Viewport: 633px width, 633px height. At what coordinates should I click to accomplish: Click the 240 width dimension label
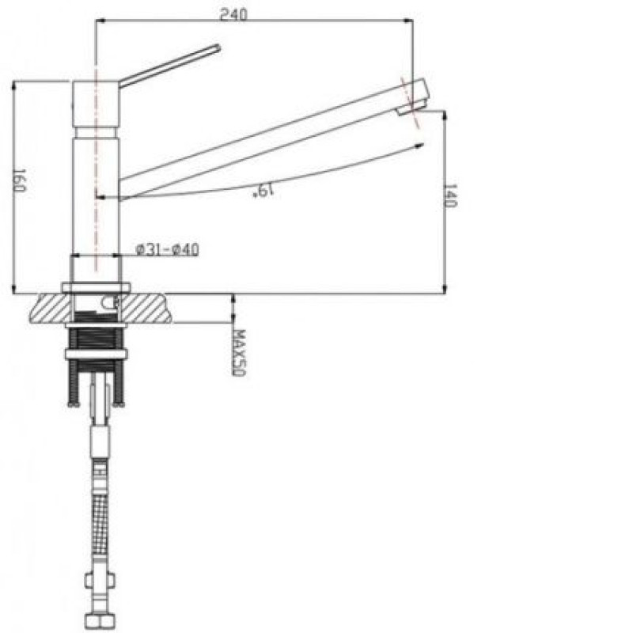click(x=233, y=14)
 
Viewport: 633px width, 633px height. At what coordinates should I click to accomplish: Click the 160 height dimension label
click(x=19, y=180)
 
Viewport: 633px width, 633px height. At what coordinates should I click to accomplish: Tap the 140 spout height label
click(x=450, y=195)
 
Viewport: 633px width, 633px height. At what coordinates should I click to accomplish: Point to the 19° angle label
click(x=263, y=190)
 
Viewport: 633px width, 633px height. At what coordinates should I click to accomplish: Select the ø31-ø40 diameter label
click(x=168, y=249)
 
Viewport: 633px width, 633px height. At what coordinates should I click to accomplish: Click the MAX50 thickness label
click(x=239, y=353)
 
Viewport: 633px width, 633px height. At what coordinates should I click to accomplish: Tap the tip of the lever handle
click(x=218, y=47)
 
